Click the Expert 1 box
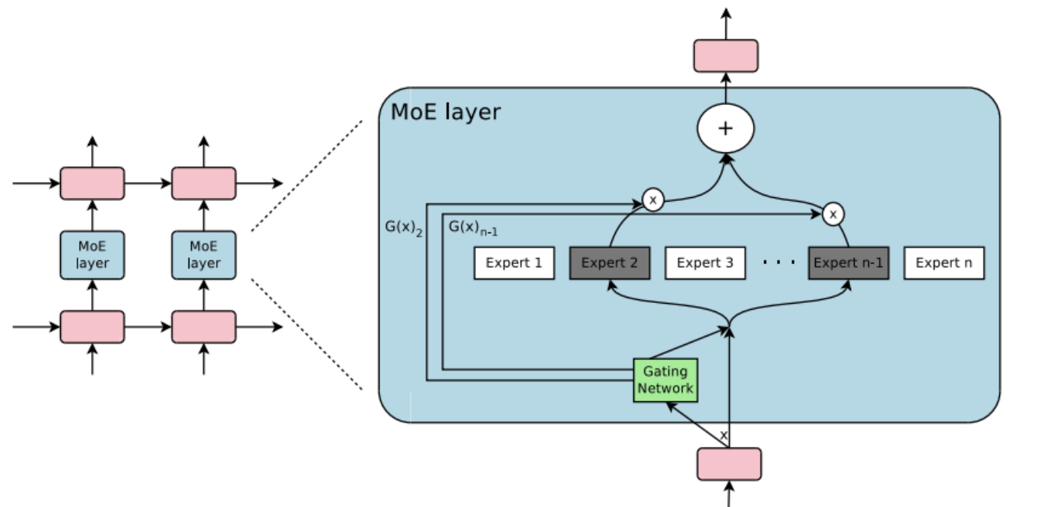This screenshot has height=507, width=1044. click(514, 263)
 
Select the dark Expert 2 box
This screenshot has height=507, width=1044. click(609, 263)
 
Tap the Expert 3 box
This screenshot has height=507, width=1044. click(705, 263)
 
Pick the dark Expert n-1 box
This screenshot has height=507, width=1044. click(848, 263)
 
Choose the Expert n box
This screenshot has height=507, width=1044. click(944, 263)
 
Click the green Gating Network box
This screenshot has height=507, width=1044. click(665, 380)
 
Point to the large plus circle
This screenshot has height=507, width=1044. click(725, 129)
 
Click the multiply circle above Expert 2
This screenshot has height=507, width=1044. click(652, 200)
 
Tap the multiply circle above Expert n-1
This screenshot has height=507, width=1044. click(833, 215)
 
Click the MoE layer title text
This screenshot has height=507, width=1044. click(446, 112)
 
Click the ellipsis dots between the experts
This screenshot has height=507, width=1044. click(779, 263)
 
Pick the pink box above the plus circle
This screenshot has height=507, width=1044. click(725, 56)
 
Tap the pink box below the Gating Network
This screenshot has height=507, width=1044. click(728, 464)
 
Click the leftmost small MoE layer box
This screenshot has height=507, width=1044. click(92, 255)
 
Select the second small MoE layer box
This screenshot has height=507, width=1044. click(203, 255)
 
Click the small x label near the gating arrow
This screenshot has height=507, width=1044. click(723, 435)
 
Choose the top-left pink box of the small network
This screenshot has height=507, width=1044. click(92, 183)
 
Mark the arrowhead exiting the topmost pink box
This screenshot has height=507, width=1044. click(725, 13)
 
